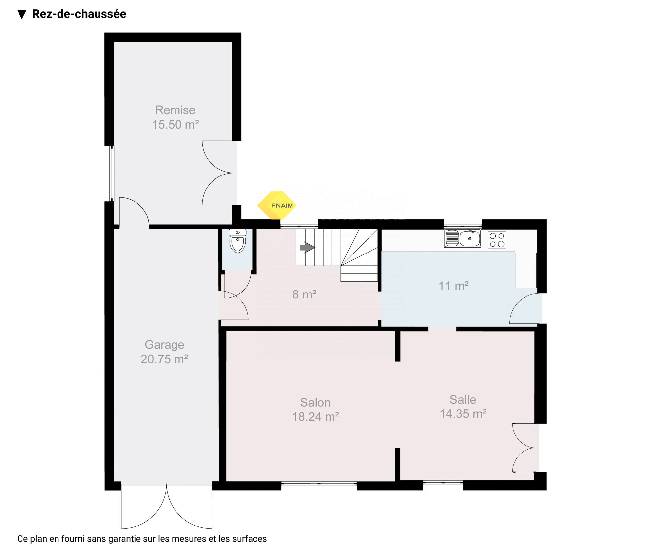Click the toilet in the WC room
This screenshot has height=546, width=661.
click(238, 241)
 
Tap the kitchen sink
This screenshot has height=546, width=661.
click(462, 238)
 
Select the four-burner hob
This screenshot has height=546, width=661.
click(497, 240)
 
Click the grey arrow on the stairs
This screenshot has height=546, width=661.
click(307, 247)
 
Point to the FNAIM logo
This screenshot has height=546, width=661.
click(277, 205)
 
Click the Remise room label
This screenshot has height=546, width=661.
click(175, 110)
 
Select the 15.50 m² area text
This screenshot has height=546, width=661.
click(175, 125)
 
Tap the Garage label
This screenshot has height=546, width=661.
click(165, 345)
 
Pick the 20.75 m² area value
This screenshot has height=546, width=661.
click(165, 359)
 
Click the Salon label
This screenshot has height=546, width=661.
click(315, 403)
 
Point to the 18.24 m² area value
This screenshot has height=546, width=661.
click(316, 417)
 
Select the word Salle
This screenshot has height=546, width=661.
click(463, 400)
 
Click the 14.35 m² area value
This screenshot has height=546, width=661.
click(463, 414)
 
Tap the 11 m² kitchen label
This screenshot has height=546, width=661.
click(453, 286)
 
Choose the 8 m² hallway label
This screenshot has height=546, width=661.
click(304, 294)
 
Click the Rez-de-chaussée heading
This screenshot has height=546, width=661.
click(79, 14)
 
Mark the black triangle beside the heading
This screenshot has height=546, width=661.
click(22, 15)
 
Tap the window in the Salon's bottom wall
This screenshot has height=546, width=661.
click(319, 484)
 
